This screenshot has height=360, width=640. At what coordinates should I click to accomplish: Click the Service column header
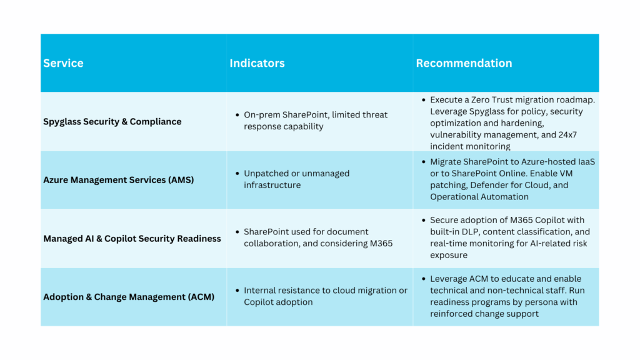(63, 63)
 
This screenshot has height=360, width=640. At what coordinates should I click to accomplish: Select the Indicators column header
(257, 63)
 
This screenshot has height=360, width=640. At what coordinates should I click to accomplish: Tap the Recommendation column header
(464, 63)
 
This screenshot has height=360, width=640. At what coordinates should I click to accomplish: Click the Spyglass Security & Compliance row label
(112, 122)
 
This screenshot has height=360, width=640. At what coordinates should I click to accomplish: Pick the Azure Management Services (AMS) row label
(118, 180)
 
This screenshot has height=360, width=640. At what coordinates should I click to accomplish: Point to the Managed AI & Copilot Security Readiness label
(132, 239)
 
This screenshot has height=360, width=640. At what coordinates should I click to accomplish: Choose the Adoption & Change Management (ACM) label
(129, 297)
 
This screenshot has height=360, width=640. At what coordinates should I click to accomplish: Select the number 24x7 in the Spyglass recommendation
(567, 135)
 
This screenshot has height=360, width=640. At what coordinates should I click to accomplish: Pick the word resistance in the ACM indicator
(300, 291)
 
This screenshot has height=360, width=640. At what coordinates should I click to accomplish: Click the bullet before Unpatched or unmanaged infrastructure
(237, 174)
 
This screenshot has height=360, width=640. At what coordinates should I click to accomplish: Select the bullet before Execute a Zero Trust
(424, 100)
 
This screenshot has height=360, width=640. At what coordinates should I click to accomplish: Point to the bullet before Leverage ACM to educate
(424, 279)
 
